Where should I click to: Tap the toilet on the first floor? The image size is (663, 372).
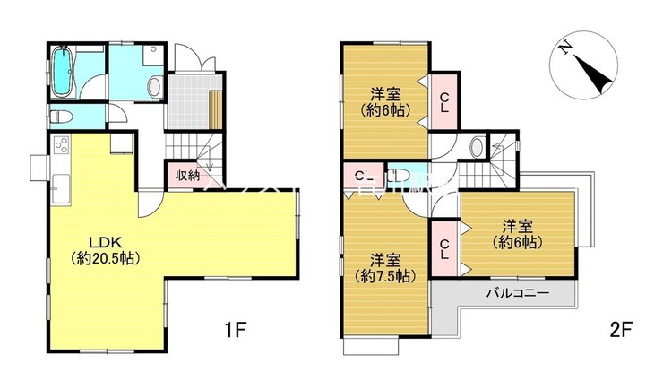coord(59,116)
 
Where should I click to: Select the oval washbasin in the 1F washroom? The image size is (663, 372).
coord(154,86)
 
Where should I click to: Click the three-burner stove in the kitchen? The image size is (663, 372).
coord(63,144)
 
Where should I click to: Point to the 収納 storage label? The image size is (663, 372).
coord(186,176)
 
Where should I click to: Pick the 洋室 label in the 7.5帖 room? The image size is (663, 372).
coord(385,260)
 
